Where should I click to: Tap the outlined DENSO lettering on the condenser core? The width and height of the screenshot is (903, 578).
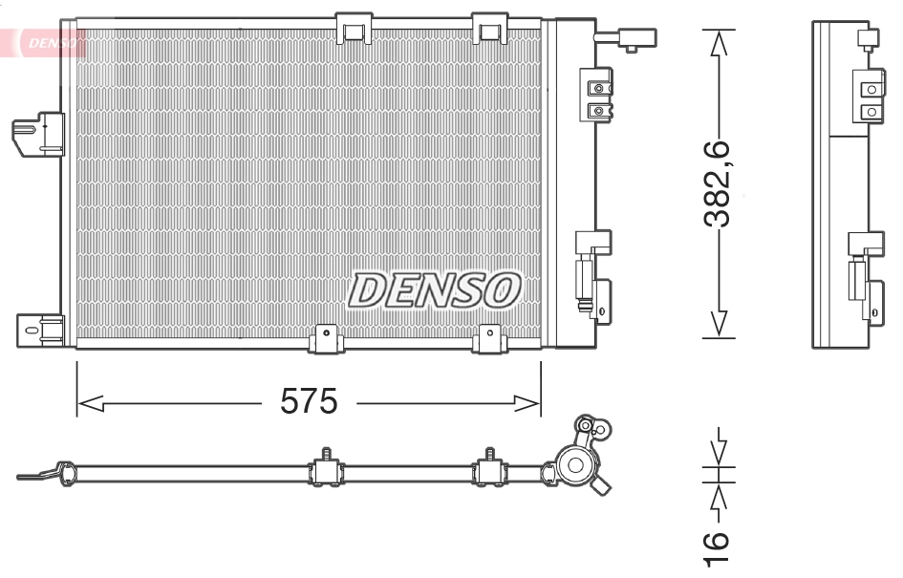pos(434,290)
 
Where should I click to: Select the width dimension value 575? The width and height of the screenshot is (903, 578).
pos(309,403)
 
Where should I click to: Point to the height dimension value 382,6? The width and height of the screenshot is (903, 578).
pos(718,184)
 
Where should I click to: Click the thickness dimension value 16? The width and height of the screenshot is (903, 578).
pos(718,546)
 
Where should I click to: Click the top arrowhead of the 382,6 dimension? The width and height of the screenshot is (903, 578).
pos(719,43)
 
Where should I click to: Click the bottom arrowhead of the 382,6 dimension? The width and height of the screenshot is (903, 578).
pos(719,325)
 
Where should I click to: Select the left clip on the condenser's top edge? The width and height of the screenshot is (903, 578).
pos(355,29)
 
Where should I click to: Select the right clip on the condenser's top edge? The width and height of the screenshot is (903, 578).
pos(490,29)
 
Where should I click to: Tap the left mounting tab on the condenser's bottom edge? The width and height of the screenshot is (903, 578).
pos(327,335)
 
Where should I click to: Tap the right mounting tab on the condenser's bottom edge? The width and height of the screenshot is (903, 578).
pos(490,335)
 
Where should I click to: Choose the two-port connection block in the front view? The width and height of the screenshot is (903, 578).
pos(599,98)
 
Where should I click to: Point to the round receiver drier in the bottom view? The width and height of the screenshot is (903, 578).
pos(576,466)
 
